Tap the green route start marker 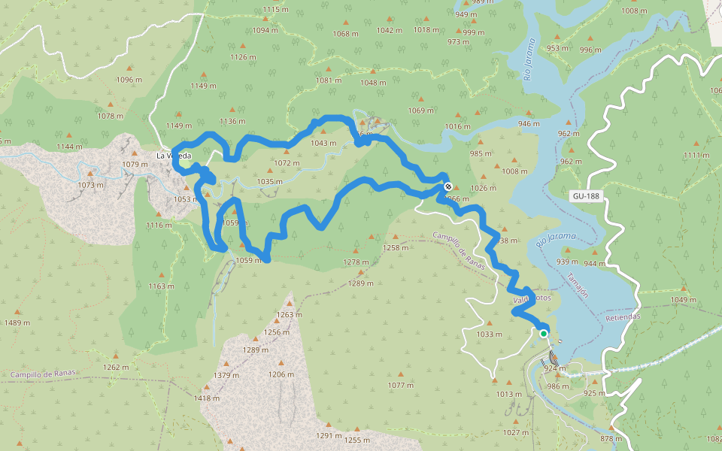coord(543,333)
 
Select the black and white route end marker coord(447,186)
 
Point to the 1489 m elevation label coord(17,322)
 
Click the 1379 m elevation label coord(226,375)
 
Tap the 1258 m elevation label coord(396,247)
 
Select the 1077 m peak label coord(401,386)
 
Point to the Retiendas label coord(623,316)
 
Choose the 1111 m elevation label coord(696,155)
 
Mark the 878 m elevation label coord(611,438)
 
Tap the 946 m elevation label coord(529,124)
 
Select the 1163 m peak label coord(161,286)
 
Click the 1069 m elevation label coord(421,110)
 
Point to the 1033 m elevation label coord(489,334)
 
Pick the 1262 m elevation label coord(116,367)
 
